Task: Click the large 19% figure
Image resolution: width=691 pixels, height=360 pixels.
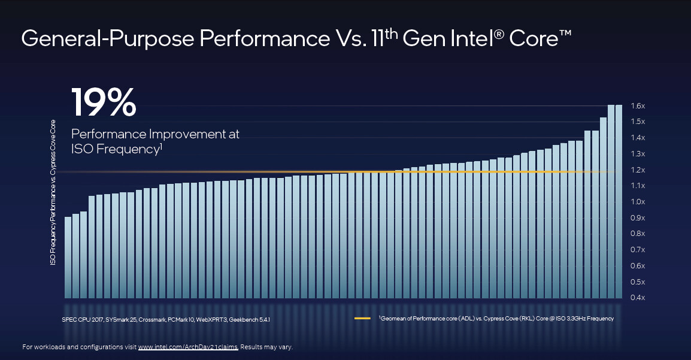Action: pos(104,102)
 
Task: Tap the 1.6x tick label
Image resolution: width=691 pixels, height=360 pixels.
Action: pos(637,106)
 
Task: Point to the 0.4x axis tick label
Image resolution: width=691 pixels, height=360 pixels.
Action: pos(637,298)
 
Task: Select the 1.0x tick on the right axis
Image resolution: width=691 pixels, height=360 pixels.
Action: pos(637,202)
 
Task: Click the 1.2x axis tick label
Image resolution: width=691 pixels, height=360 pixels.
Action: pos(637,170)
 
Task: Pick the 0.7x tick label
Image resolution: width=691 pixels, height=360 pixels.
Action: pos(637,250)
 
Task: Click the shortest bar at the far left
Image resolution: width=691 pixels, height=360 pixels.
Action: pos(68,258)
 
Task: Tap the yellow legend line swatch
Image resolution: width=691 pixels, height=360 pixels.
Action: pos(362,319)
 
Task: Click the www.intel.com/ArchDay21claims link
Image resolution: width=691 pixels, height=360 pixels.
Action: pos(188,347)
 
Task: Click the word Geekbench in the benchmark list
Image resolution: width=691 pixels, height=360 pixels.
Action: pos(245,319)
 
